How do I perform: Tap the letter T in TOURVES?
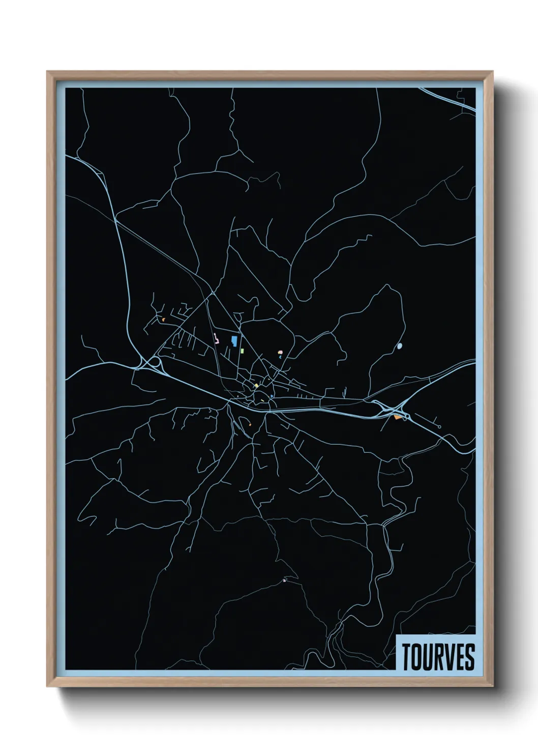click(x=407, y=657)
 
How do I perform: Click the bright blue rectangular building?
click(x=233, y=341)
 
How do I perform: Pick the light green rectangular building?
click(x=243, y=351)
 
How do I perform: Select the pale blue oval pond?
click(x=399, y=346)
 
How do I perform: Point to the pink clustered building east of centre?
click(x=280, y=352)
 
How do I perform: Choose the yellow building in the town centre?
click(x=256, y=386)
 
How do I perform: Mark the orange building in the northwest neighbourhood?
click(x=163, y=320)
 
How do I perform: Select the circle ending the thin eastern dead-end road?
click(x=439, y=427)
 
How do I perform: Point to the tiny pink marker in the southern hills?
click(x=284, y=580)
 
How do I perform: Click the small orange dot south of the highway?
click(x=250, y=424)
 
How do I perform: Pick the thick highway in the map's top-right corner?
click(x=447, y=100)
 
